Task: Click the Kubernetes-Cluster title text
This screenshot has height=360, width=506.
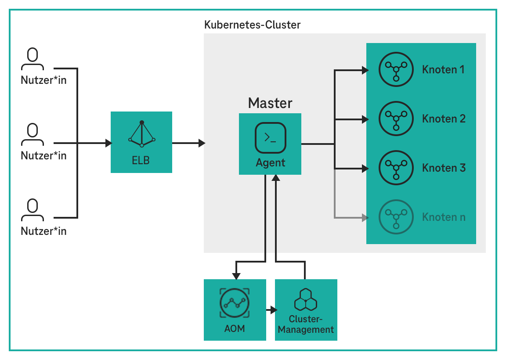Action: pos(253,25)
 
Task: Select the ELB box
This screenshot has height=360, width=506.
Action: pos(141,142)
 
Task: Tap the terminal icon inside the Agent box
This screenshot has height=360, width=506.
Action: pos(270,137)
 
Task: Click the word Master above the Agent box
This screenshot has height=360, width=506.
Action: pos(270,103)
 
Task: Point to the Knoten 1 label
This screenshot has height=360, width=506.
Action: pos(443,69)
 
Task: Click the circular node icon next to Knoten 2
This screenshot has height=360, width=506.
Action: pos(396,119)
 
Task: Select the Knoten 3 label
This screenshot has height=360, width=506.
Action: pos(444,168)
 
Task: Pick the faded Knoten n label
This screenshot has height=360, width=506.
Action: pos(444,217)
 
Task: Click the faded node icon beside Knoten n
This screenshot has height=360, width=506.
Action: pos(396,217)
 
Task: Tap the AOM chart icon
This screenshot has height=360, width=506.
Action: pos(235,303)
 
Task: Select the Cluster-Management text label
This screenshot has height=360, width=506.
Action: pos(306,324)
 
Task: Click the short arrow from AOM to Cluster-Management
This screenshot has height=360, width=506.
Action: pos(272,310)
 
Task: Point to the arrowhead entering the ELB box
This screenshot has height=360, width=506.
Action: pos(108,143)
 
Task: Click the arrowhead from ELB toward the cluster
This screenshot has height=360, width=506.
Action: pos(202,143)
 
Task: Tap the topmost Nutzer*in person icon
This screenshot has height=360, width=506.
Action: pos(33,59)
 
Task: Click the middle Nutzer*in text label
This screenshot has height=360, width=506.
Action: pos(43,155)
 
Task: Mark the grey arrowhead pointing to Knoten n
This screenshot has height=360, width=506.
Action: pos(364,217)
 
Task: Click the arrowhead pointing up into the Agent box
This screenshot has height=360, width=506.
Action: pos(275,178)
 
